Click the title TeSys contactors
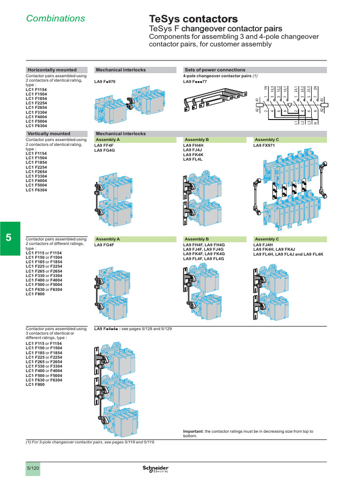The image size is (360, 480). coord(193,19)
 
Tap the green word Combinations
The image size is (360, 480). coord(55,19)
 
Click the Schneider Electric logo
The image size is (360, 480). coord(155,469)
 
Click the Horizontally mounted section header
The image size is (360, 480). coord(52,70)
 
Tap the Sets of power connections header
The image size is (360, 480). coord(215,70)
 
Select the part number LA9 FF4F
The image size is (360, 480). coord(104,145)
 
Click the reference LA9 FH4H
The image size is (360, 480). coord(194,145)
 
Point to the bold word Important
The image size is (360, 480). coord(193,431)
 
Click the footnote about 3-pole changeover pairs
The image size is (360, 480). coord(90,442)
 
